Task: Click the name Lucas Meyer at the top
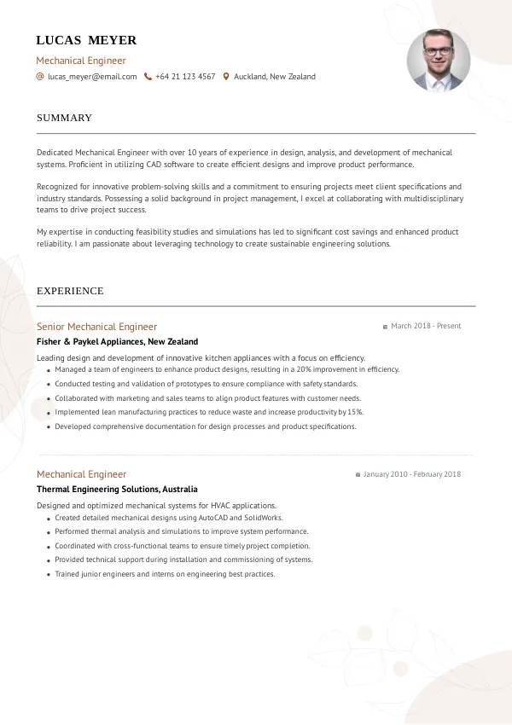[x=86, y=40]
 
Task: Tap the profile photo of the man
[x=438, y=61]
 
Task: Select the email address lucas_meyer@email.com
[x=92, y=77]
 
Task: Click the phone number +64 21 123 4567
[x=185, y=77]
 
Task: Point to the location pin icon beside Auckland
[x=226, y=77]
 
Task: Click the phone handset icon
[x=148, y=77]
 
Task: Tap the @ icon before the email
[x=40, y=77]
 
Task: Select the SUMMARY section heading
[x=64, y=118]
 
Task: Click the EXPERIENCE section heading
[x=70, y=291]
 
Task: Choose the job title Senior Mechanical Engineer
[x=96, y=327]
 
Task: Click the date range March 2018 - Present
[x=426, y=326]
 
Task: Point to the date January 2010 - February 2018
[x=411, y=474]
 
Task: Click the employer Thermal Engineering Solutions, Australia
[x=117, y=490]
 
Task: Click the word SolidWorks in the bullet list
[x=264, y=518]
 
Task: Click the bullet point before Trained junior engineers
[x=47, y=575]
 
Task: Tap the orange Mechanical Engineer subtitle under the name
[x=81, y=61]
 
